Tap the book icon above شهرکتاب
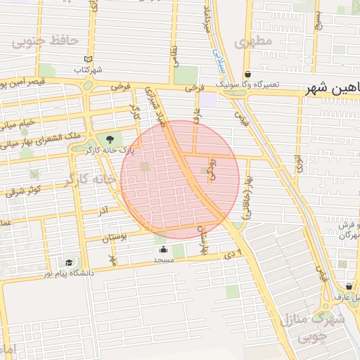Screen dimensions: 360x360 click(x=88, y=59)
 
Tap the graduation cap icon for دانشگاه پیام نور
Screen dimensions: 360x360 click(x=68, y=262)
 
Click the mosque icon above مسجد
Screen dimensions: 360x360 click(x=164, y=249)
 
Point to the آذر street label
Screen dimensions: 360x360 click(x=103, y=210)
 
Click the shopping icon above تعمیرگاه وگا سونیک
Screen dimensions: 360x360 click(x=247, y=74)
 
